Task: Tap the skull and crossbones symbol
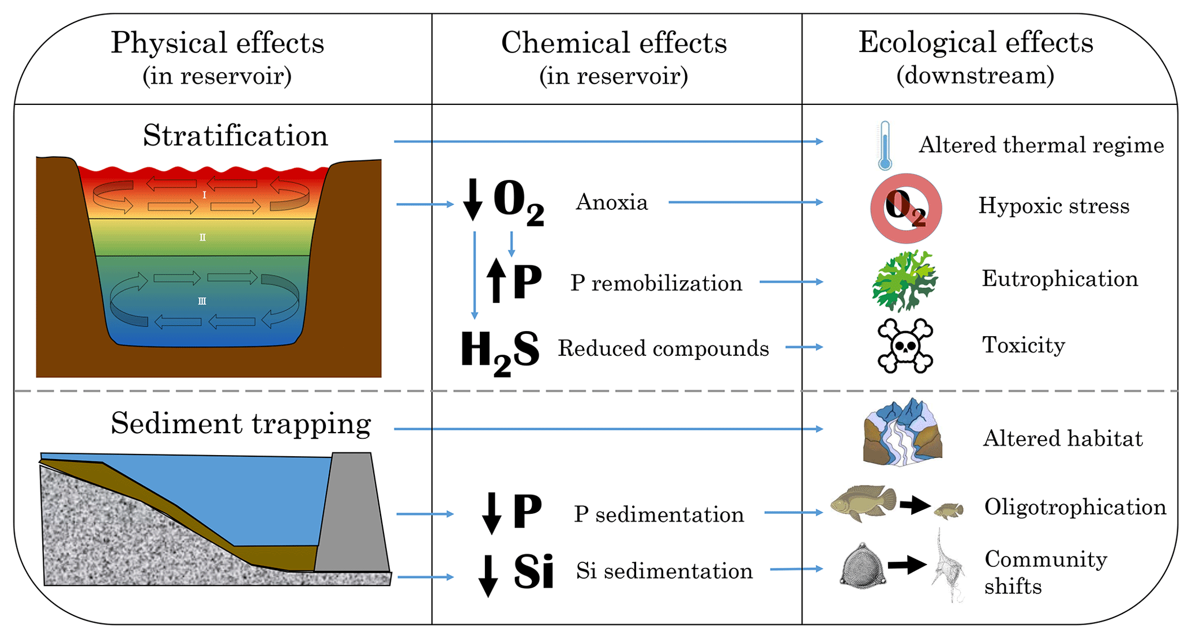(905, 345)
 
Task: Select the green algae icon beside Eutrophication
(904, 280)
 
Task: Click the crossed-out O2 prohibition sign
(906, 208)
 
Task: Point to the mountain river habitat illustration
(903, 432)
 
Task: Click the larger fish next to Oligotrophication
(863, 502)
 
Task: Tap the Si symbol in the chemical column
(533, 572)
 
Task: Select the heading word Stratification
(235, 136)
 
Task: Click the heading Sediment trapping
(240, 424)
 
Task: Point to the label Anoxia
(612, 202)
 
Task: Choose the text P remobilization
(656, 283)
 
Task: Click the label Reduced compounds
(663, 348)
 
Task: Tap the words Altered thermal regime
(1041, 145)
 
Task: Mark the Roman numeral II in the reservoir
(202, 238)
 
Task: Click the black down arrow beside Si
(488, 575)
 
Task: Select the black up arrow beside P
(495, 280)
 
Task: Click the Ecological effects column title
(976, 43)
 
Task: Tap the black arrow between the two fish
(915, 505)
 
